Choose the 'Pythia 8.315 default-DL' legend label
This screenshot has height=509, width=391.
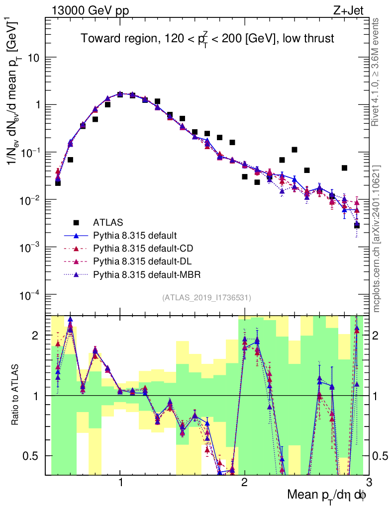pos(142,261)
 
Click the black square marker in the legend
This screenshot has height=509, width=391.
pos(76,222)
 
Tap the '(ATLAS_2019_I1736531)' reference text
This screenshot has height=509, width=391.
pos(206,298)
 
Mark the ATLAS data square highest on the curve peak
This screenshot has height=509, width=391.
pos(120,94)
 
